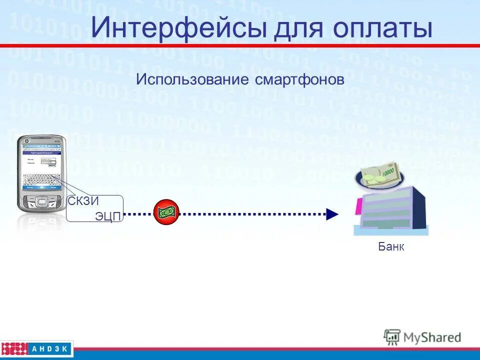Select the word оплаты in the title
point(382,28)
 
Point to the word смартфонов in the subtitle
point(299,79)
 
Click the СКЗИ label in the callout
point(83,201)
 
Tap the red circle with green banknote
point(166,212)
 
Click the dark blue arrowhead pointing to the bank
point(332,214)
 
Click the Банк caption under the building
point(391,246)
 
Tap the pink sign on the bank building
point(358,206)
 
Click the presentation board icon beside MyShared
point(392,336)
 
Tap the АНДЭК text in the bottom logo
point(51,348)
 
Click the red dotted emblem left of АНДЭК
point(14,348)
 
